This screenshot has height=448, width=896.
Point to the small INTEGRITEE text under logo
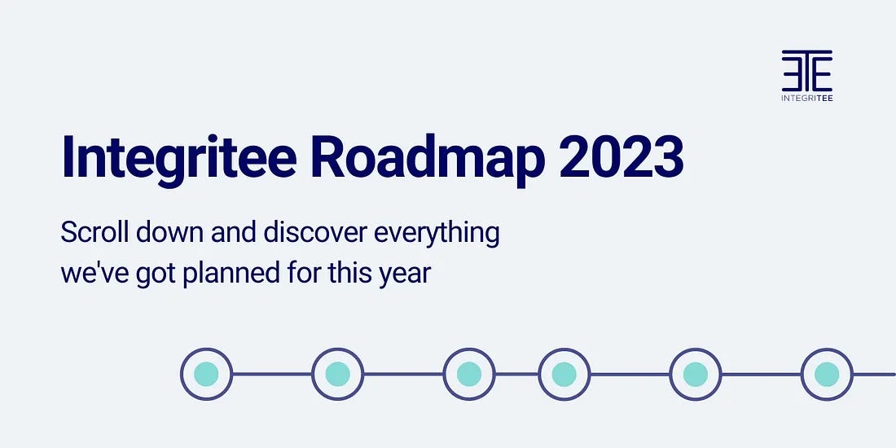point(806,98)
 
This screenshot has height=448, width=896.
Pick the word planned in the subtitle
point(232,273)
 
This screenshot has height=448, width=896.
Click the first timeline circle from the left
point(206,374)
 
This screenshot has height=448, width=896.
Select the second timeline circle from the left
point(337,374)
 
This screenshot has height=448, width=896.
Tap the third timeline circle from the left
point(469,374)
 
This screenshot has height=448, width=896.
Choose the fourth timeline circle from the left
point(564,374)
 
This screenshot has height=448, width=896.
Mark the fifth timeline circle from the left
point(696,374)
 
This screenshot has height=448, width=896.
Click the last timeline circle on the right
point(827,374)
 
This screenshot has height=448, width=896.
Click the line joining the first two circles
point(272,374)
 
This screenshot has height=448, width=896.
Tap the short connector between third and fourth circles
point(516,374)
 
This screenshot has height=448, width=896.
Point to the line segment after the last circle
point(875,374)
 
